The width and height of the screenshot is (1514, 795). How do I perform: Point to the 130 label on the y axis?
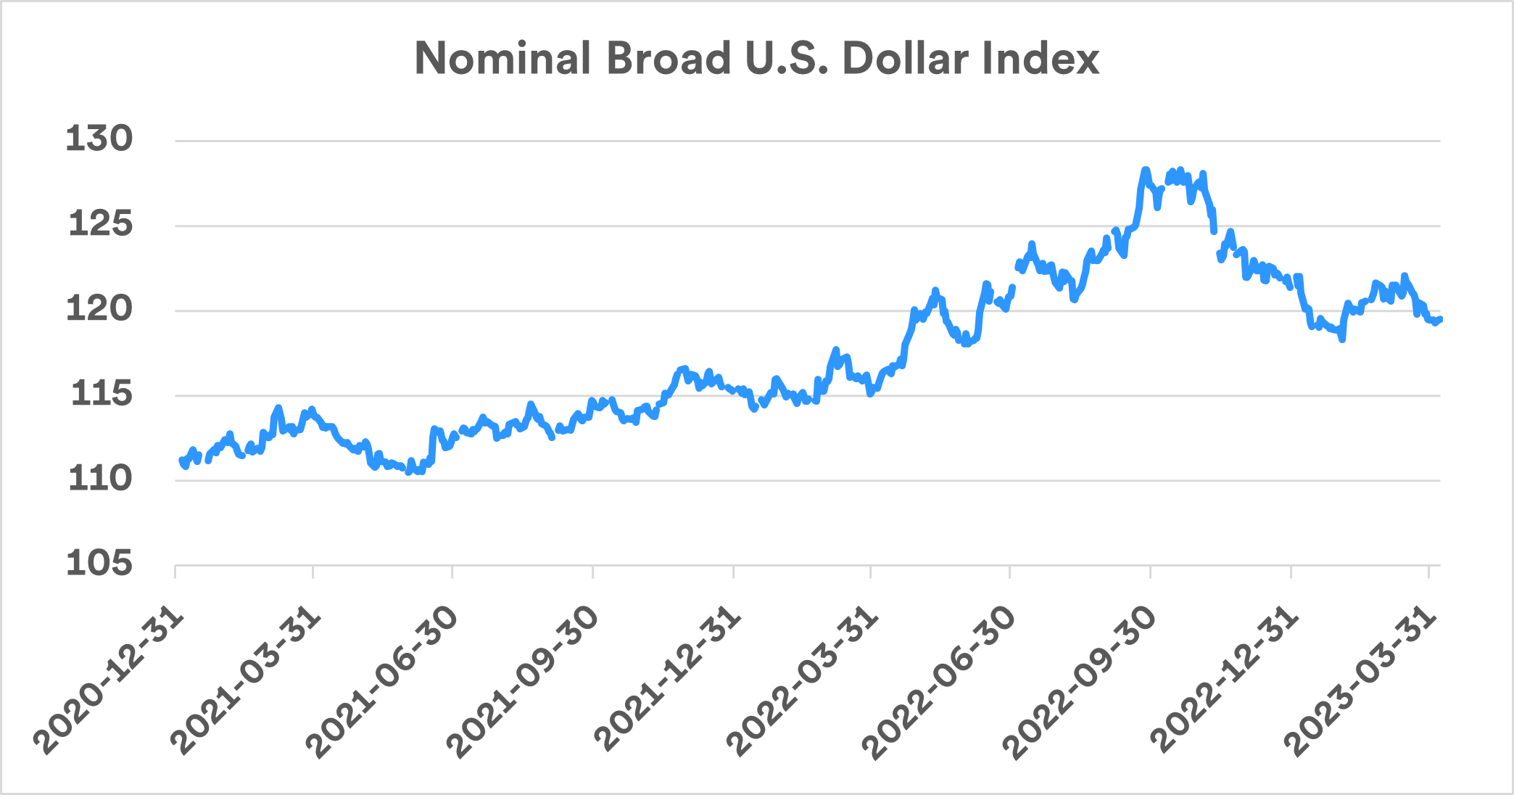click(x=99, y=139)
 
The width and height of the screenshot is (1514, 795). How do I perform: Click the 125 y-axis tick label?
click(x=101, y=223)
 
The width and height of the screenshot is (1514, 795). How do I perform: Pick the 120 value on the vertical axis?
click(x=99, y=308)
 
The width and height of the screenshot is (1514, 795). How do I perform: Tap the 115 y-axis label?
click(x=102, y=393)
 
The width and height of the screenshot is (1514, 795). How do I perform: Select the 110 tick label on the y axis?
click(x=101, y=478)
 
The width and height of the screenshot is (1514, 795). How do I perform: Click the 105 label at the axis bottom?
click(x=99, y=563)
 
